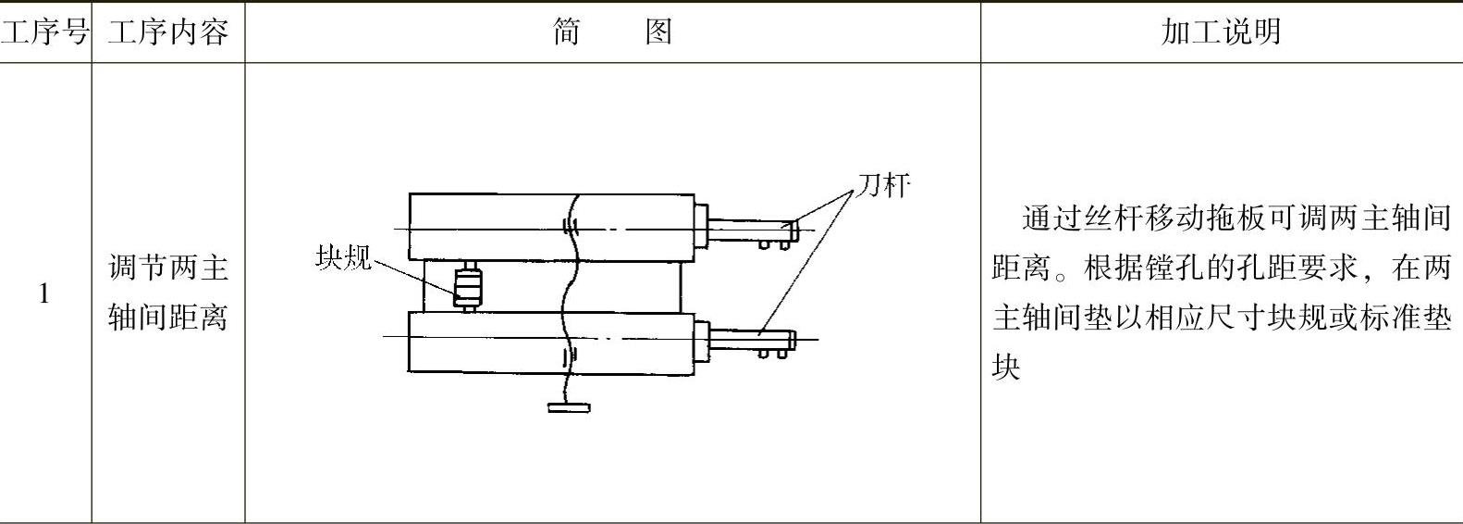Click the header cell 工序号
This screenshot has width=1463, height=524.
(44, 32)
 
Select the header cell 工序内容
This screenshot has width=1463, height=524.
(167, 32)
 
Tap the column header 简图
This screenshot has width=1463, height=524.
(612, 32)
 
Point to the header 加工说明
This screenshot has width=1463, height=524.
(1221, 32)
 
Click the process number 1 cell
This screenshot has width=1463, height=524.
(44, 294)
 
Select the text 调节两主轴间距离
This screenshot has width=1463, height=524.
(167, 293)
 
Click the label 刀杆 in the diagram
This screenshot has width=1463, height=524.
(882, 185)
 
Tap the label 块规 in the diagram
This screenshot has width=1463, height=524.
(343, 256)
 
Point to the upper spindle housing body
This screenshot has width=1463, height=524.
(490, 228)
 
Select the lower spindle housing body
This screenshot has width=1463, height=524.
(490, 343)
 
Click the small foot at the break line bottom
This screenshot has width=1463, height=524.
(568, 405)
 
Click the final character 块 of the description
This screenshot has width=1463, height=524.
(1006, 368)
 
